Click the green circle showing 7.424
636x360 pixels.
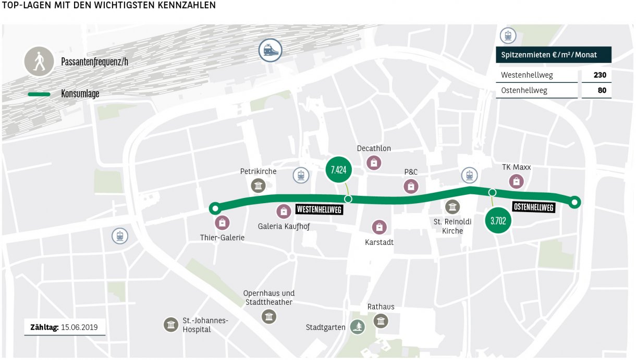coord(339,169)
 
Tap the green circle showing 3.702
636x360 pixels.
coord(498,221)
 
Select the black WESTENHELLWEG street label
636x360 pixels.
coord(319,209)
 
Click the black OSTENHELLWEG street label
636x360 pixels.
coord(533,207)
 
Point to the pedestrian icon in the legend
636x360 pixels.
coord(39,61)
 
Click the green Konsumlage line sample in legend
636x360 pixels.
coord(39,94)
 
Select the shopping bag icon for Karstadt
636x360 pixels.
coord(379,227)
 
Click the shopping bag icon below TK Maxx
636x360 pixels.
coord(516,181)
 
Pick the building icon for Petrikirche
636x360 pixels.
coord(258,185)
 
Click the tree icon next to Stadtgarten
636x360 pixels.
coord(358,327)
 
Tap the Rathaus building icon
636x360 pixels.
coord(381,321)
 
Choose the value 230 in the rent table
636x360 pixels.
coord(600,75)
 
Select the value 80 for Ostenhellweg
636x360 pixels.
coord(602,91)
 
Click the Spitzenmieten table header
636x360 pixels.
coord(553,55)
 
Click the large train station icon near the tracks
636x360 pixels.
coord(270,51)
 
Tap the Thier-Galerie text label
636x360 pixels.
coord(222,238)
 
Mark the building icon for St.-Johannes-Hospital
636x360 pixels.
coord(170,325)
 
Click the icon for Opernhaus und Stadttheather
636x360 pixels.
coord(268,316)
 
